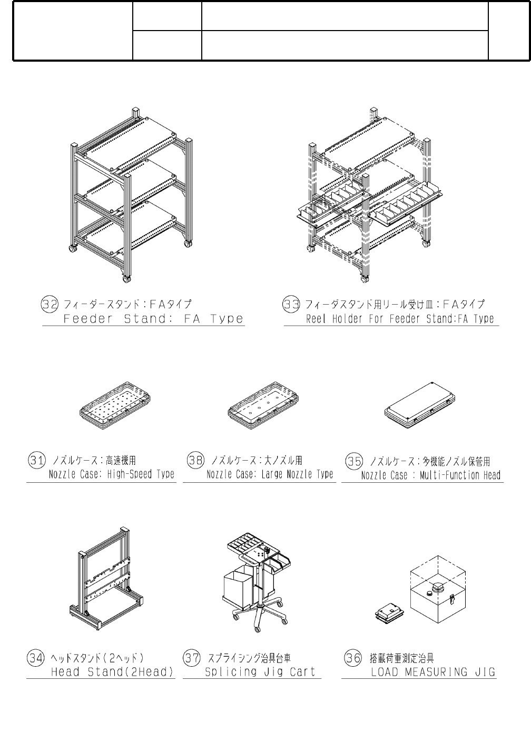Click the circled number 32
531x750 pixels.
point(50,304)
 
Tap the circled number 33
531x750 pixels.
point(291,304)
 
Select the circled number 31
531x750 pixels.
point(36,460)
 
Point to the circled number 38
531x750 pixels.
point(195,460)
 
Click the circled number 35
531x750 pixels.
point(353,461)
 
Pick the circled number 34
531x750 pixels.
point(36,658)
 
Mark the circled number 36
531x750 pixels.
point(352,658)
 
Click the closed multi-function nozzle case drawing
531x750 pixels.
point(419,403)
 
